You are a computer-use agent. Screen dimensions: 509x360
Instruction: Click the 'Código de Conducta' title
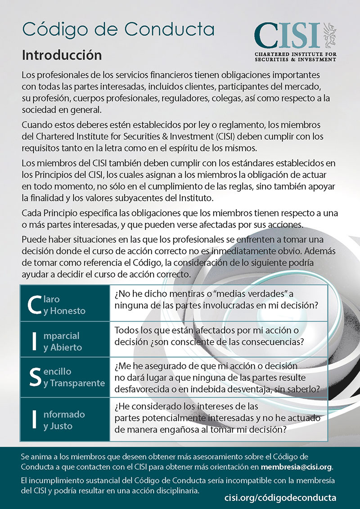coord(118,29)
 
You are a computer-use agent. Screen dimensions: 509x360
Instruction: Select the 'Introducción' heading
coord(62,55)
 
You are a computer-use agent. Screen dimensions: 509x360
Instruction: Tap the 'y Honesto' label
coord(64,311)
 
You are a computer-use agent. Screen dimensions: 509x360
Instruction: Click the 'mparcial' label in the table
coord(61,336)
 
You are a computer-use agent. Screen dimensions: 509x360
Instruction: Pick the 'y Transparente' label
coord(74,383)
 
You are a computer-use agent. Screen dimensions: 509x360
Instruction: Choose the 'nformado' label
coord(64,414)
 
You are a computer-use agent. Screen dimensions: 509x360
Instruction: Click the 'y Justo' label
coord(58,426)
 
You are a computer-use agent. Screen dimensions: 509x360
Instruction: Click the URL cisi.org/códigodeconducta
coord(280,497)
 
